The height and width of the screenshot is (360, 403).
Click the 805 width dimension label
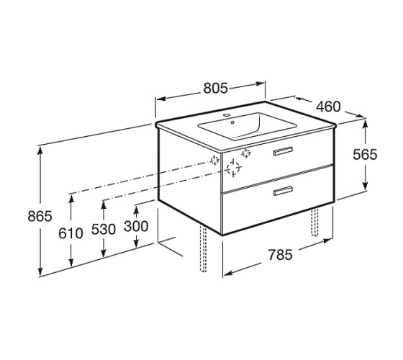click(x=215, y=88)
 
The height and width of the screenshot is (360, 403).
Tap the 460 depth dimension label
click(x=328, y=107)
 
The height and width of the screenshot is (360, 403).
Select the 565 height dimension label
click(x=365, y=155)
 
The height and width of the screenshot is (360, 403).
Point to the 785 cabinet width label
click(x=280, y=255)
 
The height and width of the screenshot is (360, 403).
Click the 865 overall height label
click(x=40, y=216)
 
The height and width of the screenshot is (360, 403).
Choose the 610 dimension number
click(x=71, y=233)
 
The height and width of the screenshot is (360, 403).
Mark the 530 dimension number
click(x=104, y=230)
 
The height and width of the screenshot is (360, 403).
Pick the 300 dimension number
click(x=136, y=226)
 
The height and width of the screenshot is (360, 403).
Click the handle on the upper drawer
click(x=283, y=151)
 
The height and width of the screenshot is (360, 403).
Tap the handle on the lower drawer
click(x=283, y=191)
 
